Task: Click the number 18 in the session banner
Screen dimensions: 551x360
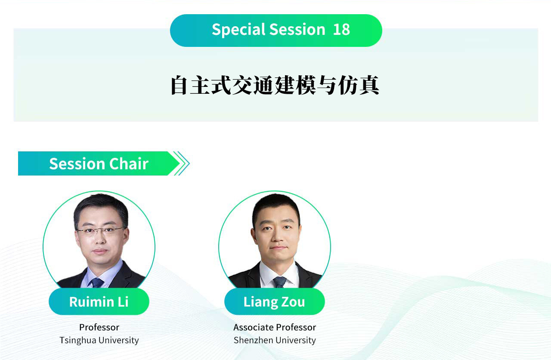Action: (x=341, y=30)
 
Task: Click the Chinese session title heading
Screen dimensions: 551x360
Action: (x=275, y=85)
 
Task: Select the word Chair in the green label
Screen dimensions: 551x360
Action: (x=129, y=164)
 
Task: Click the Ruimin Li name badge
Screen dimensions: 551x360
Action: (x=99, y=302)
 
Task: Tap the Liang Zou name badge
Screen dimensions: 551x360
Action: (x=275, y=302)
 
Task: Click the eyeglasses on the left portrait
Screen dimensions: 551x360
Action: (x=100, y=231)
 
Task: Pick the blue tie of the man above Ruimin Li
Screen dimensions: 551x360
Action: (x=97, y=283)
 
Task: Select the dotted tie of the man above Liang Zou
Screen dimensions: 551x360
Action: (x=280, y=282)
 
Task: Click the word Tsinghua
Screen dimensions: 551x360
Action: (x=78, y=341)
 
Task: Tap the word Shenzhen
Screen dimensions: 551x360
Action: (x=254, y=340)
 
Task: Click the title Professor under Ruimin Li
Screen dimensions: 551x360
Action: (x=99, y=327)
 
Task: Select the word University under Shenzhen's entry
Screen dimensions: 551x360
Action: (x=296, y=341)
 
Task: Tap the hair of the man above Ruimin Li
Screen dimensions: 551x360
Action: (x=101, y=205)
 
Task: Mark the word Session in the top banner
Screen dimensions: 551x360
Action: (x=297, y=30)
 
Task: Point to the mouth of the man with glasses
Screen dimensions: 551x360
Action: (x=100, y=251)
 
